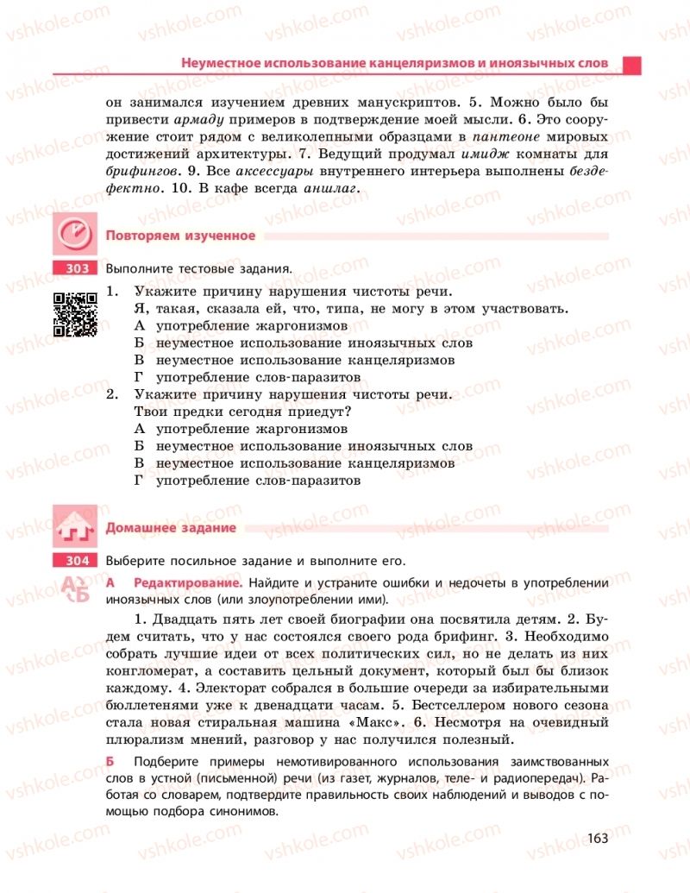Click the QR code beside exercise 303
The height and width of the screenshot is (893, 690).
tap(75, 314)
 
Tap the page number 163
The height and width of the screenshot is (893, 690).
tap(597, 838)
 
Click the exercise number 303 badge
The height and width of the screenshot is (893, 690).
tap(77, 268)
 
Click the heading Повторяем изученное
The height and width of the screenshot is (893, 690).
tap(180, 236)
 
